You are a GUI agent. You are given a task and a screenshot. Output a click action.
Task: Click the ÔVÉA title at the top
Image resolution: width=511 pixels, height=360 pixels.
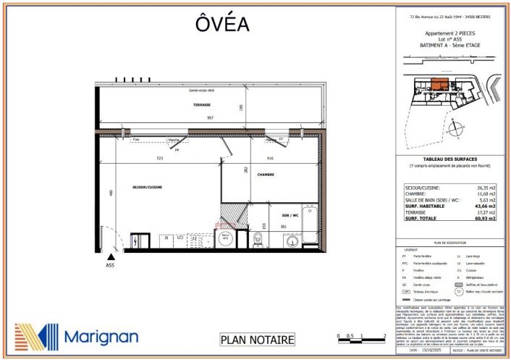click(222, 24)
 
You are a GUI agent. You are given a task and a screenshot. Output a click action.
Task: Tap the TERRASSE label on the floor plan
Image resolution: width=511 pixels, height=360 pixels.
click(202, 105)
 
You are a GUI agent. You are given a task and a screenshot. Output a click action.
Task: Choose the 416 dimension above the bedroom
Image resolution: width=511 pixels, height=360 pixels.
click(269, 158)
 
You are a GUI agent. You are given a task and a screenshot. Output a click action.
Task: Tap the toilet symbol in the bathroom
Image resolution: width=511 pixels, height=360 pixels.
click(258, 238)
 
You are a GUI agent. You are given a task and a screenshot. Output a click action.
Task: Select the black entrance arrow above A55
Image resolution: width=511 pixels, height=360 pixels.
click(110, 256)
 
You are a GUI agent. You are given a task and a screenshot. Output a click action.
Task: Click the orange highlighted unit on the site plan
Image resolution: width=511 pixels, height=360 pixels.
click(439, 85)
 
